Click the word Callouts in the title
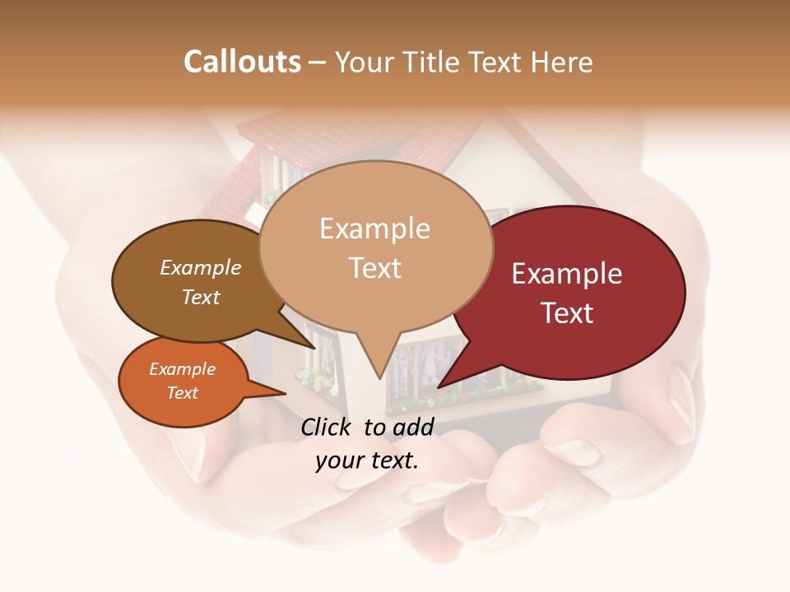[x=242, y=62]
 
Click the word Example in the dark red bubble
[x=567, y=274]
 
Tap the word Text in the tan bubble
[x=375, y=268]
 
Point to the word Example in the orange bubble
[x=182, y=369]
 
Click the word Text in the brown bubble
[x=200, y=297]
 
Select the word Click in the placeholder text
[x=328, y=427]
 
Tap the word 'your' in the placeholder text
[x=338, y=460]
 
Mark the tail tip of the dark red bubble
[x=440, y=386]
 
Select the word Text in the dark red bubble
[x=568, y=313]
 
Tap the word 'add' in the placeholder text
[x=413, y=427]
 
